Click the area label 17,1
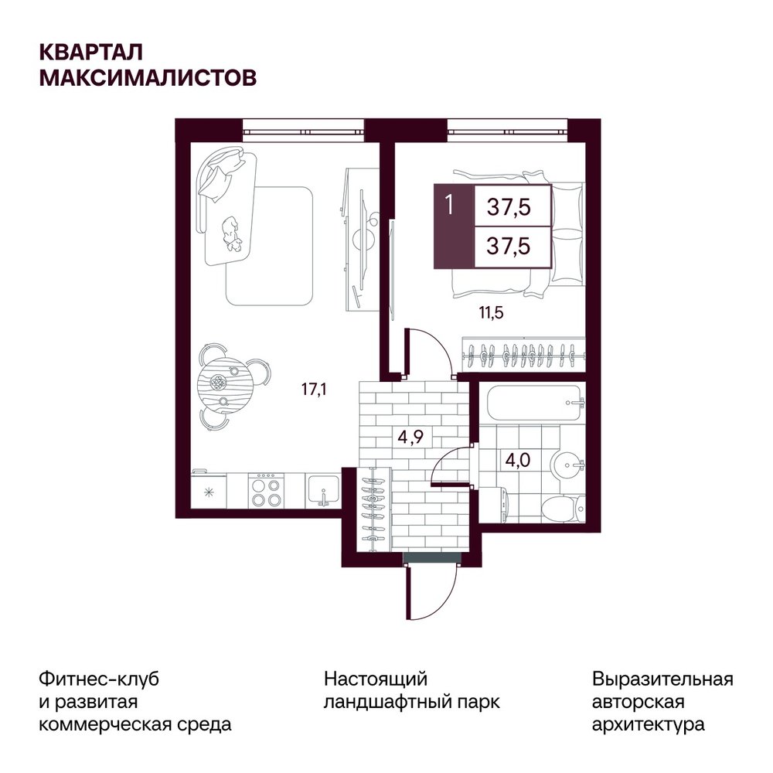coord(314,390)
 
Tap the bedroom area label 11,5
coord(491,312)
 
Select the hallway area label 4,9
coord(410,437)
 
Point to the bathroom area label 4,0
coord(518,460)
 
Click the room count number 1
coord(449,204)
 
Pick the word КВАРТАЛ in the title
coord(91,53)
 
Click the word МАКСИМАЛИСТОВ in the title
coord(148,77)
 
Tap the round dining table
coord(219,383)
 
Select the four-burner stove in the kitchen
coord(266,491)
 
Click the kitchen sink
coord(322,491)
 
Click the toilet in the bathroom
coord(563,509)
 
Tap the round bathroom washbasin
coord(568,464)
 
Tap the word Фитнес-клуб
coord(99,679)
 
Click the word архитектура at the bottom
coord(649,724)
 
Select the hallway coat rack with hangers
coord(373,508)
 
